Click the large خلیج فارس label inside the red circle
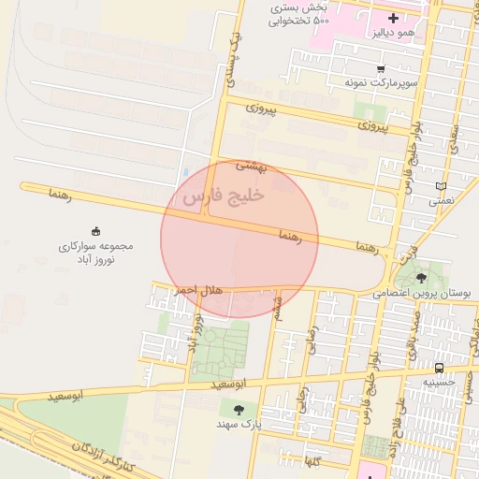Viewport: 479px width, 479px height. point(225,197)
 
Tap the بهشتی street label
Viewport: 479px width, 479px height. point(251,166)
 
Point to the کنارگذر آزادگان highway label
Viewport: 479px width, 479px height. point(104,455)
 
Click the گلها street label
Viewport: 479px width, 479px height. point(312,461)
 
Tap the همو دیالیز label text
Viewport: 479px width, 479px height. point(392,34)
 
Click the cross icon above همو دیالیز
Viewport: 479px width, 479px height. point(392,18)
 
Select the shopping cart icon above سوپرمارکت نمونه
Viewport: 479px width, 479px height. point(380,68)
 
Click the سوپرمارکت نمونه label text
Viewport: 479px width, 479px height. point(379,83)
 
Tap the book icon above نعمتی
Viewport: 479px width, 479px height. point(442,186)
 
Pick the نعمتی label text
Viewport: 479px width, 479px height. point(441,201)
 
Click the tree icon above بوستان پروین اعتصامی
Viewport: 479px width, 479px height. point(420,277)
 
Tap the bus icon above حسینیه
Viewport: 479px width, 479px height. point(439,367)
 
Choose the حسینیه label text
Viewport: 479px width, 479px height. point(438,382)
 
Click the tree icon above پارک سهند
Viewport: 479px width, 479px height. point(240,409)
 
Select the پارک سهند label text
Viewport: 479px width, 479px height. point(240,425)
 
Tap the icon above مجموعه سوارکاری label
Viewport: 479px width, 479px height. point(96,231)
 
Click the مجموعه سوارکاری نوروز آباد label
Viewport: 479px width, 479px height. point(97,253)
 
